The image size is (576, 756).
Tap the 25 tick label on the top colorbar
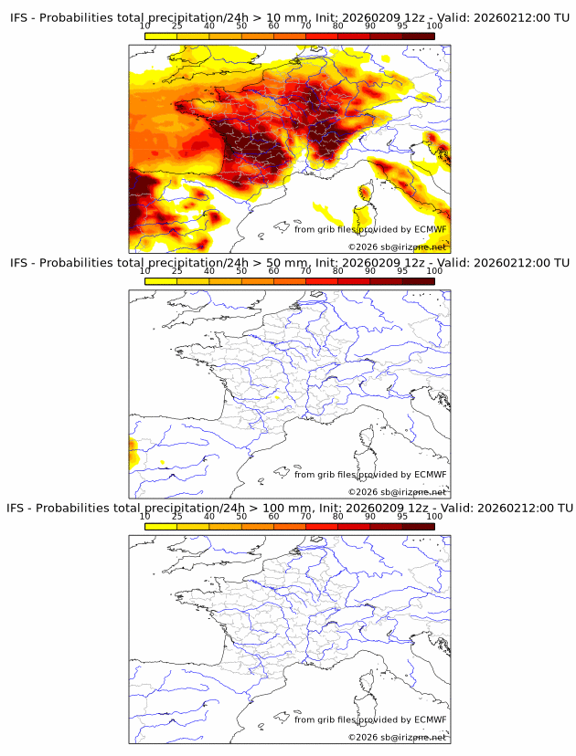click(x=176, y=26)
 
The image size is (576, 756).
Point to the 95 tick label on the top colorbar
click(x=401, y=26)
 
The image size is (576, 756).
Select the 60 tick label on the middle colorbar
click(x=273, y=271)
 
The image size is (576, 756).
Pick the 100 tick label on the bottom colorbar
click(x=433, y=516)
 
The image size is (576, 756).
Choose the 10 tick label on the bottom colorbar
click(x=144, y=516)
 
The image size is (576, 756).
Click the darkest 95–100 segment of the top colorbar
click(x=418, y=36)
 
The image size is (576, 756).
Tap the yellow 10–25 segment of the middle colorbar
click(x=161, y=280)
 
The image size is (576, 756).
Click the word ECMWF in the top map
click(x=430, y=229)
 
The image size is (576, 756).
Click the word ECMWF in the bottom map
click(x=430, y=719)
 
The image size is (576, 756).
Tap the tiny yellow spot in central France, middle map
click(x=276, y=397)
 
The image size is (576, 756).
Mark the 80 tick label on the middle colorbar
click(x=337, y=271)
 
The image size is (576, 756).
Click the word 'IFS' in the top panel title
click(x=20, y=17)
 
